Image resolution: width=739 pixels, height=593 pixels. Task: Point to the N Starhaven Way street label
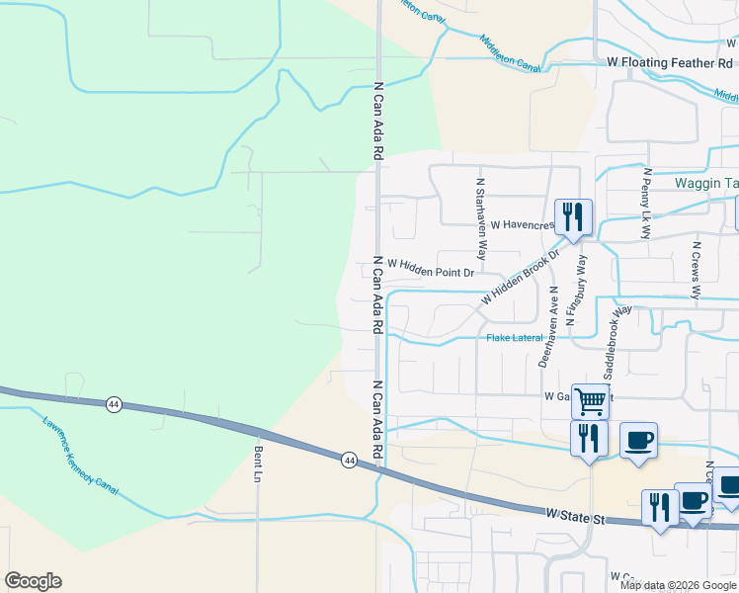pos(481,212)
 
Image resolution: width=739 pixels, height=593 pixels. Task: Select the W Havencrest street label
pos(520,225)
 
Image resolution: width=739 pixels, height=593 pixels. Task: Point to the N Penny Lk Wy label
pos(645,204)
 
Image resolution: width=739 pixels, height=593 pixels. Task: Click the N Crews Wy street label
pos(697,270)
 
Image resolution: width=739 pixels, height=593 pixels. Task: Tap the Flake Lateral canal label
pos(515,338)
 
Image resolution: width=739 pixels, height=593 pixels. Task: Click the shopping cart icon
pos(590,400)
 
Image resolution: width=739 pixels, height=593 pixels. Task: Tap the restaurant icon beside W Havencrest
pos(573,215)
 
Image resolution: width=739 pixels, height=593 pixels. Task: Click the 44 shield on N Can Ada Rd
pos(350,461)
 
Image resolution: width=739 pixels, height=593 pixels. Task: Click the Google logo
pos(33,581)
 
